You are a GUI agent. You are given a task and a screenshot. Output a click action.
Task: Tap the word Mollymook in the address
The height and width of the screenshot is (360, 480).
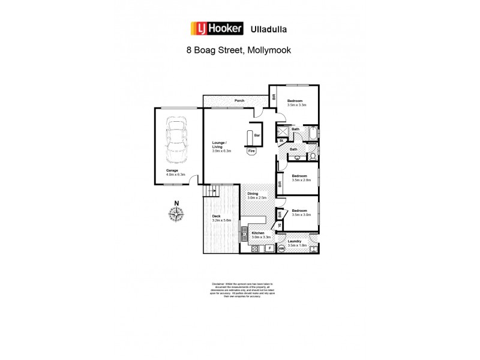click(x=268, y=51)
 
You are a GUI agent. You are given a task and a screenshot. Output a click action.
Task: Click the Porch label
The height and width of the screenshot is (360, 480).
click(x=239, y=100)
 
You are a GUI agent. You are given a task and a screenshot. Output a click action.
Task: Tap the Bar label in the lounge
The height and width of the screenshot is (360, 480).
click(x=257, y=136)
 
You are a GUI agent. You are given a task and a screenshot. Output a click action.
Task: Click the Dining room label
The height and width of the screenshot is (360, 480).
click(x=253, y=194)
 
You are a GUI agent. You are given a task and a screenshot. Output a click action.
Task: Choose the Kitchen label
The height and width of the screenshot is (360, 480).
click(x=258, y=233)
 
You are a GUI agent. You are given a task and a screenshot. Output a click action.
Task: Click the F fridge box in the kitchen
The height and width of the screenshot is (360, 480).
click(x=270, y=248)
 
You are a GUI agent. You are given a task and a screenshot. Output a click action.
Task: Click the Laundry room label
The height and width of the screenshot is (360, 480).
click(x=297, y=241)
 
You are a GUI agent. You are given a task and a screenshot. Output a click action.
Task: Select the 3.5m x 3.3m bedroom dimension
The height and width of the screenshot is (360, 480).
click(x=296, y=105)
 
